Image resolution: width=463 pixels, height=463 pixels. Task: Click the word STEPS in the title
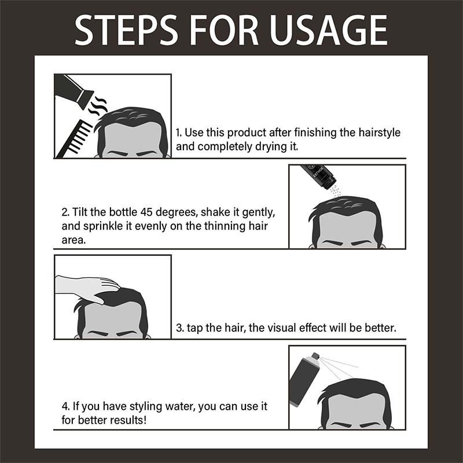point(126,30)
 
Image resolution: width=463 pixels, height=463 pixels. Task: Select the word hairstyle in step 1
point(380,133)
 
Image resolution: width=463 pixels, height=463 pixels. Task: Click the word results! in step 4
point(128,420)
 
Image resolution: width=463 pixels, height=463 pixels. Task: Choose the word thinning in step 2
point(227,226)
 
